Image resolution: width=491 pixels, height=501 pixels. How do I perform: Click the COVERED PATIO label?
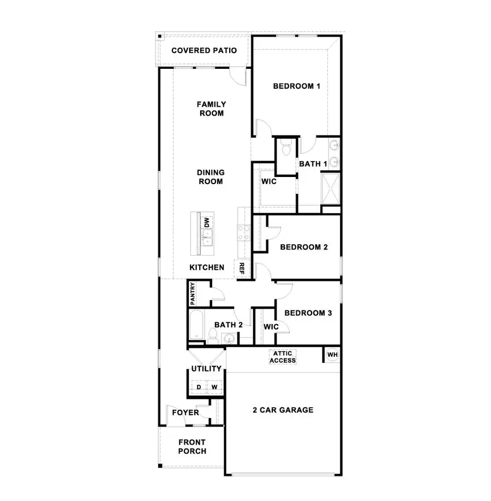click(204, 51)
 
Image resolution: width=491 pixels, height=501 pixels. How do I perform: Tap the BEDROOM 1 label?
click(296, 86)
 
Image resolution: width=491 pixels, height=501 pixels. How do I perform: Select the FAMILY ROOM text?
click(211, 109)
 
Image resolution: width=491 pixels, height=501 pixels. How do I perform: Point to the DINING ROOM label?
click(211, 177)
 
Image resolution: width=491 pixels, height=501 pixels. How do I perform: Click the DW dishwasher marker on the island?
click(207, 222)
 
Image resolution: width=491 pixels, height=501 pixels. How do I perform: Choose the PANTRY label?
click(193, 294)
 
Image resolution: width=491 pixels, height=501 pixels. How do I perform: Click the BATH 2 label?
click(228, 325)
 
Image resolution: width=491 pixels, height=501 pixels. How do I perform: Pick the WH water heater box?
click(332, 355)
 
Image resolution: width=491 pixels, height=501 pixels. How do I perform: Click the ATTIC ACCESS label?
click(283, 357)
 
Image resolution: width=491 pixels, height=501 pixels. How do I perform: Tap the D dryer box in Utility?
click(199, 387)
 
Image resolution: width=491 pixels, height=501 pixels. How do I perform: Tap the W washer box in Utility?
click(215, 387)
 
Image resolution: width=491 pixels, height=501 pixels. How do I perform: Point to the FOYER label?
click(185, 412)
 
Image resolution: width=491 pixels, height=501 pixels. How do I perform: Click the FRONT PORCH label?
click(192, 446)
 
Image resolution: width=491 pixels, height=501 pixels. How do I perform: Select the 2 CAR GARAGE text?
click(283, 410)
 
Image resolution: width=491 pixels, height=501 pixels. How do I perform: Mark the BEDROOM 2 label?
click(304, 247)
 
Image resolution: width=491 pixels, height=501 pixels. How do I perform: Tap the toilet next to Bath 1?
click(284, 146)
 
